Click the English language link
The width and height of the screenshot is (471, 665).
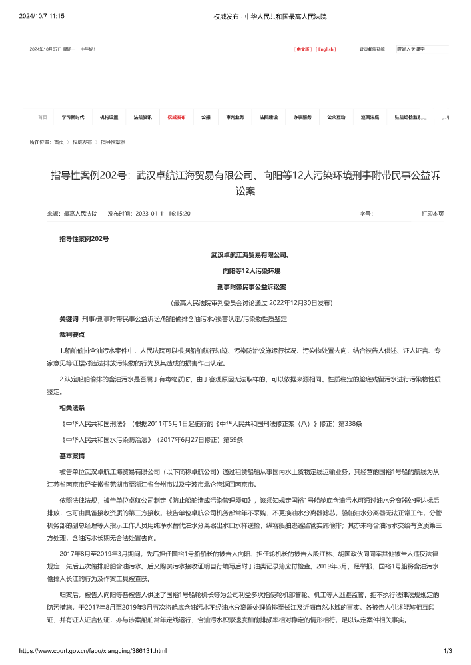[326, 49]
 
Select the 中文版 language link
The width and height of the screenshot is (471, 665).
[303, 49]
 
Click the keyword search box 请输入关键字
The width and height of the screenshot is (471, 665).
[422, 49]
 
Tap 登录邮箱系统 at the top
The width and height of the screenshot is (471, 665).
[372, 49]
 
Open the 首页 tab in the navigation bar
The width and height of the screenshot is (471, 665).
[43, 117]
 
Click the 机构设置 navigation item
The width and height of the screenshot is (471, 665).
[109, 117]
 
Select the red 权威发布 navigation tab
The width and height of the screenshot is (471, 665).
[177, 117]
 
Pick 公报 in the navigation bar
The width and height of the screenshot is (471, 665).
[205, 117]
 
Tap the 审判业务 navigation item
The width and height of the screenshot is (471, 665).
[235, 117]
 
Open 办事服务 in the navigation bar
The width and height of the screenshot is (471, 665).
[302, 117]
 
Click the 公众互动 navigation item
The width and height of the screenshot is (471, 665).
[336, 117]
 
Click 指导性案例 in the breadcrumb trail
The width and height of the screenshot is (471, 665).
[113, 142]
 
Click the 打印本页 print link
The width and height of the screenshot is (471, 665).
[432, 214]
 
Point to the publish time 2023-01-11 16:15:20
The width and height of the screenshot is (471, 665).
[163, 214]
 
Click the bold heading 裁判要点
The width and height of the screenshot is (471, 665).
[72, 334]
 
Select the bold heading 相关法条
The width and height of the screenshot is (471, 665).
[72, 407]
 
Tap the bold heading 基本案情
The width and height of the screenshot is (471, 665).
[72, 456]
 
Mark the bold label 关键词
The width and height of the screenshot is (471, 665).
[69, 319]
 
